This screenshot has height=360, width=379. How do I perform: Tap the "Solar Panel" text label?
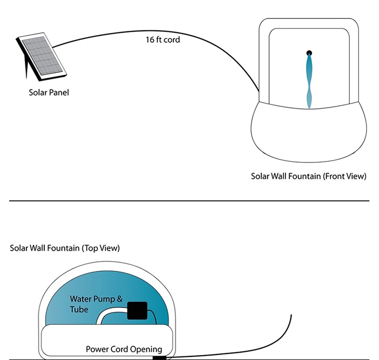coord(49,92)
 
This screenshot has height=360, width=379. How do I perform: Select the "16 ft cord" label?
coord(162,39)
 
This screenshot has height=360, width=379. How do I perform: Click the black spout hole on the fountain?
coord(309,53)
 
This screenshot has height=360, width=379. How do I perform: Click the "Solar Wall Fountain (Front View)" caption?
coord(308,176)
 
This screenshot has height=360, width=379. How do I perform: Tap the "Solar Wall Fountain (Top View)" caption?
coord(65,248)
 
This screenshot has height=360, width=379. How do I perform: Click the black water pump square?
coord(137,311)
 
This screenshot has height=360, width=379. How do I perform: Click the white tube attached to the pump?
coord(108,313)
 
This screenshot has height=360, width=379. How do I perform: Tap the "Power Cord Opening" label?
coord(124,349)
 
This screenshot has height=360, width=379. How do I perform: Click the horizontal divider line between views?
coord(189,201)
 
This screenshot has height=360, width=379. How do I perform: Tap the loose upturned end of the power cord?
coord(291,317)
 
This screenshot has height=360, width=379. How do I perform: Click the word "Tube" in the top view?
coord(79,309)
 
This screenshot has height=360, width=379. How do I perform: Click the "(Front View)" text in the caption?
coord(344,176)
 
